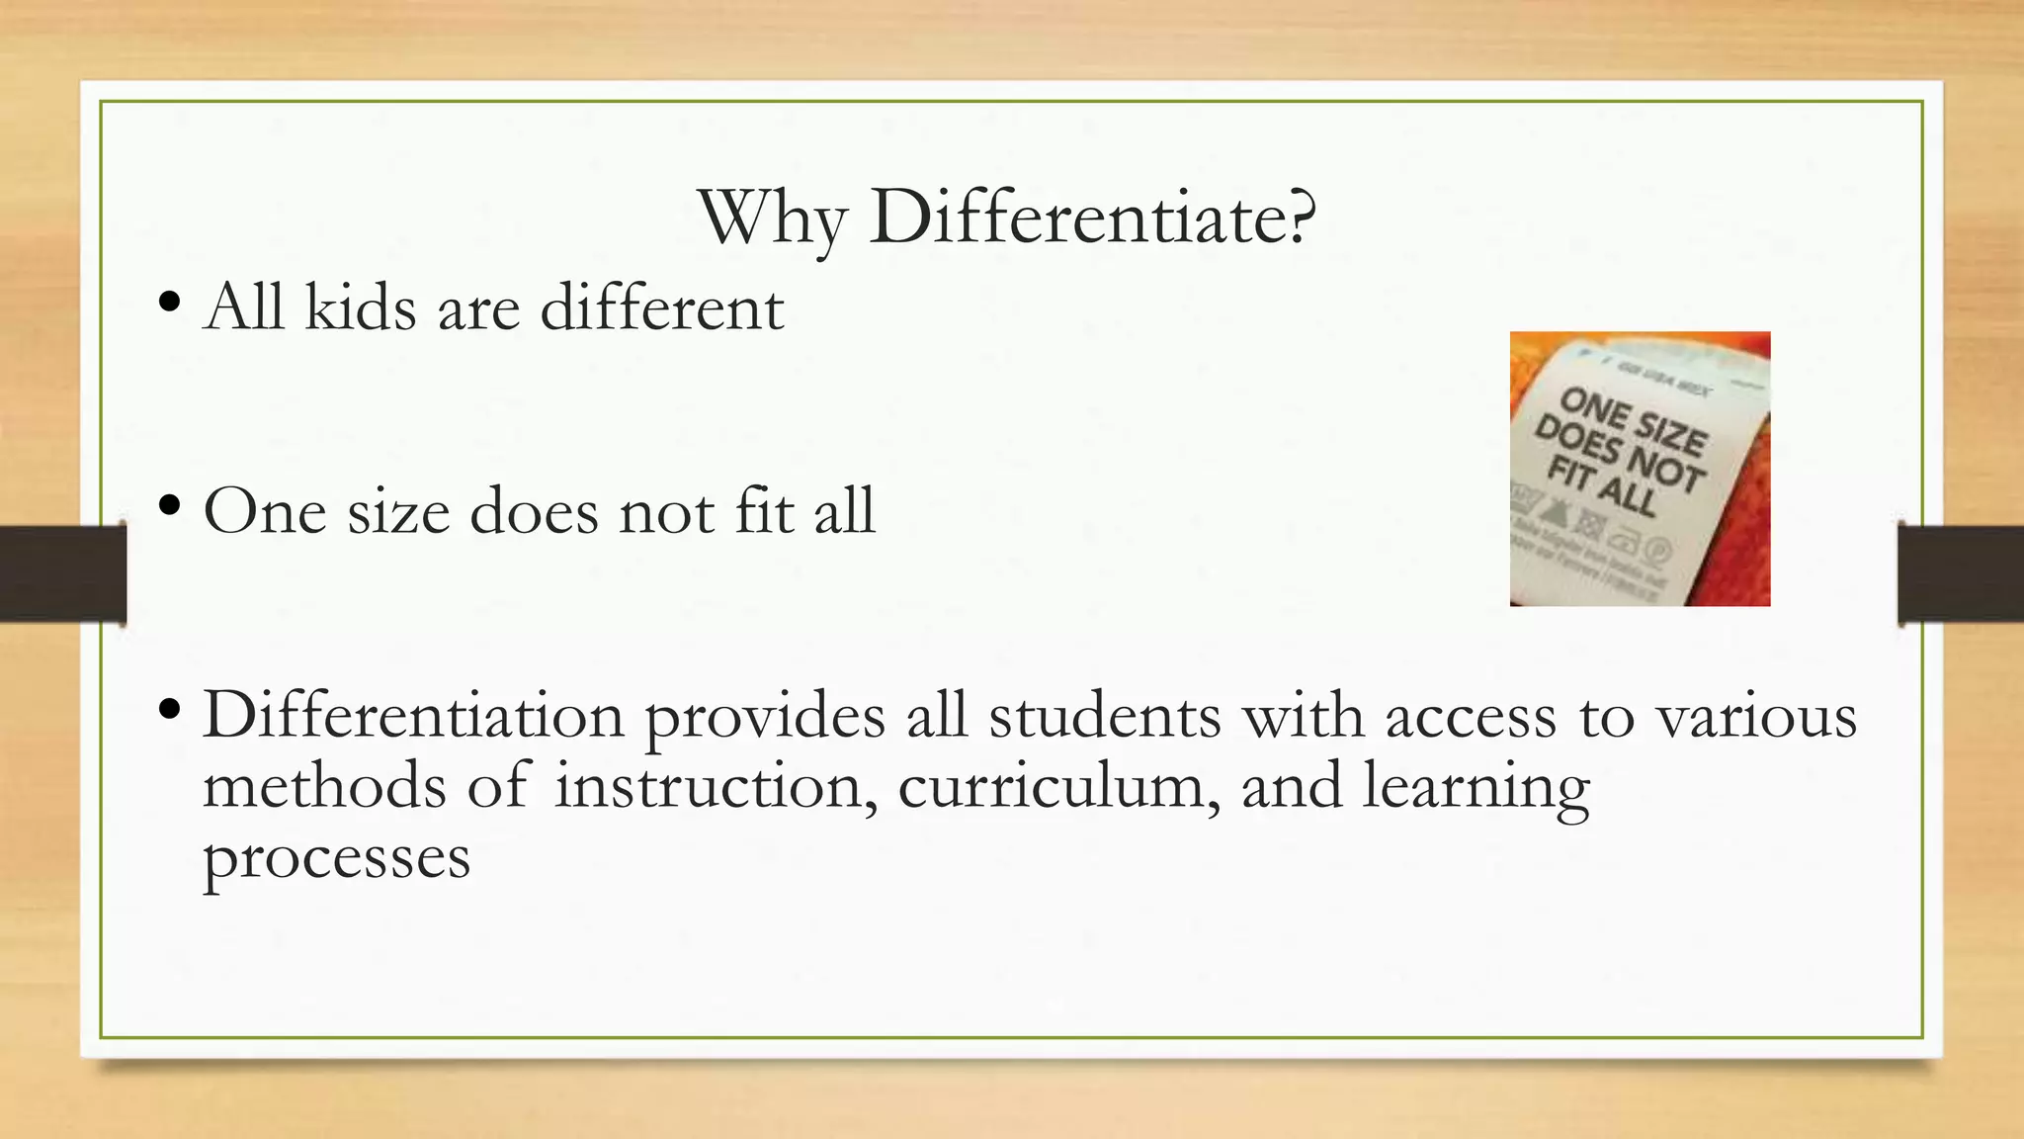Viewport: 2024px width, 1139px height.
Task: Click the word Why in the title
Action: pyautogui.click(x=771, y=219)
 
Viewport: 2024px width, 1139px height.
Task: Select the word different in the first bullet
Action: pyautogui.click(x=662, y=307)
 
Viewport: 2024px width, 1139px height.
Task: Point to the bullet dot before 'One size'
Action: pyautogui.click(x=169, y=505)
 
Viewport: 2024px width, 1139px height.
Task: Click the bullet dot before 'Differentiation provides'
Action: pyautogui.click(x=169, y=709)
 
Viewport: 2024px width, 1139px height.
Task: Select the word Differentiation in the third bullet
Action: pyautogui.click(x=414, y=715)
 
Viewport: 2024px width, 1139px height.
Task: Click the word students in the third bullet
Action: pyautogui.click(x=1105, y=715)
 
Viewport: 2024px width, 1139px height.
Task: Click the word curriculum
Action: pyautogui.click(x=1058, y=788)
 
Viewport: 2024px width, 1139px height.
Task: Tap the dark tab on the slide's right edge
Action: pyautogui.click(x=1961, y=574)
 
